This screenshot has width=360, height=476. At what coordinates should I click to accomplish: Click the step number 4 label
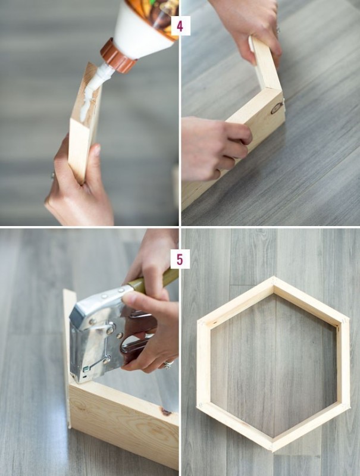pos(181,26)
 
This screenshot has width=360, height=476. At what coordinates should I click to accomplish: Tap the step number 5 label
pos(180,259)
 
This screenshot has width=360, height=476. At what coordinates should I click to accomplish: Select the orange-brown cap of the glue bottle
pos(118,56)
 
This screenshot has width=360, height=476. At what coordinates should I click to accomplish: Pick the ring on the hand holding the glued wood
pos(54,176)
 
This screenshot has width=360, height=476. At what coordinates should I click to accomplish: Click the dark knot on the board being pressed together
pos(276,108)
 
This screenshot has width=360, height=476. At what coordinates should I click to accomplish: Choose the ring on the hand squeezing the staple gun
pos(168,364)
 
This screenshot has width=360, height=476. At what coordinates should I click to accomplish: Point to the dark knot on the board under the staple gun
pos(166,412)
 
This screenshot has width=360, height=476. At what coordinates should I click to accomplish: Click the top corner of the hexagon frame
pos(274,278)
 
